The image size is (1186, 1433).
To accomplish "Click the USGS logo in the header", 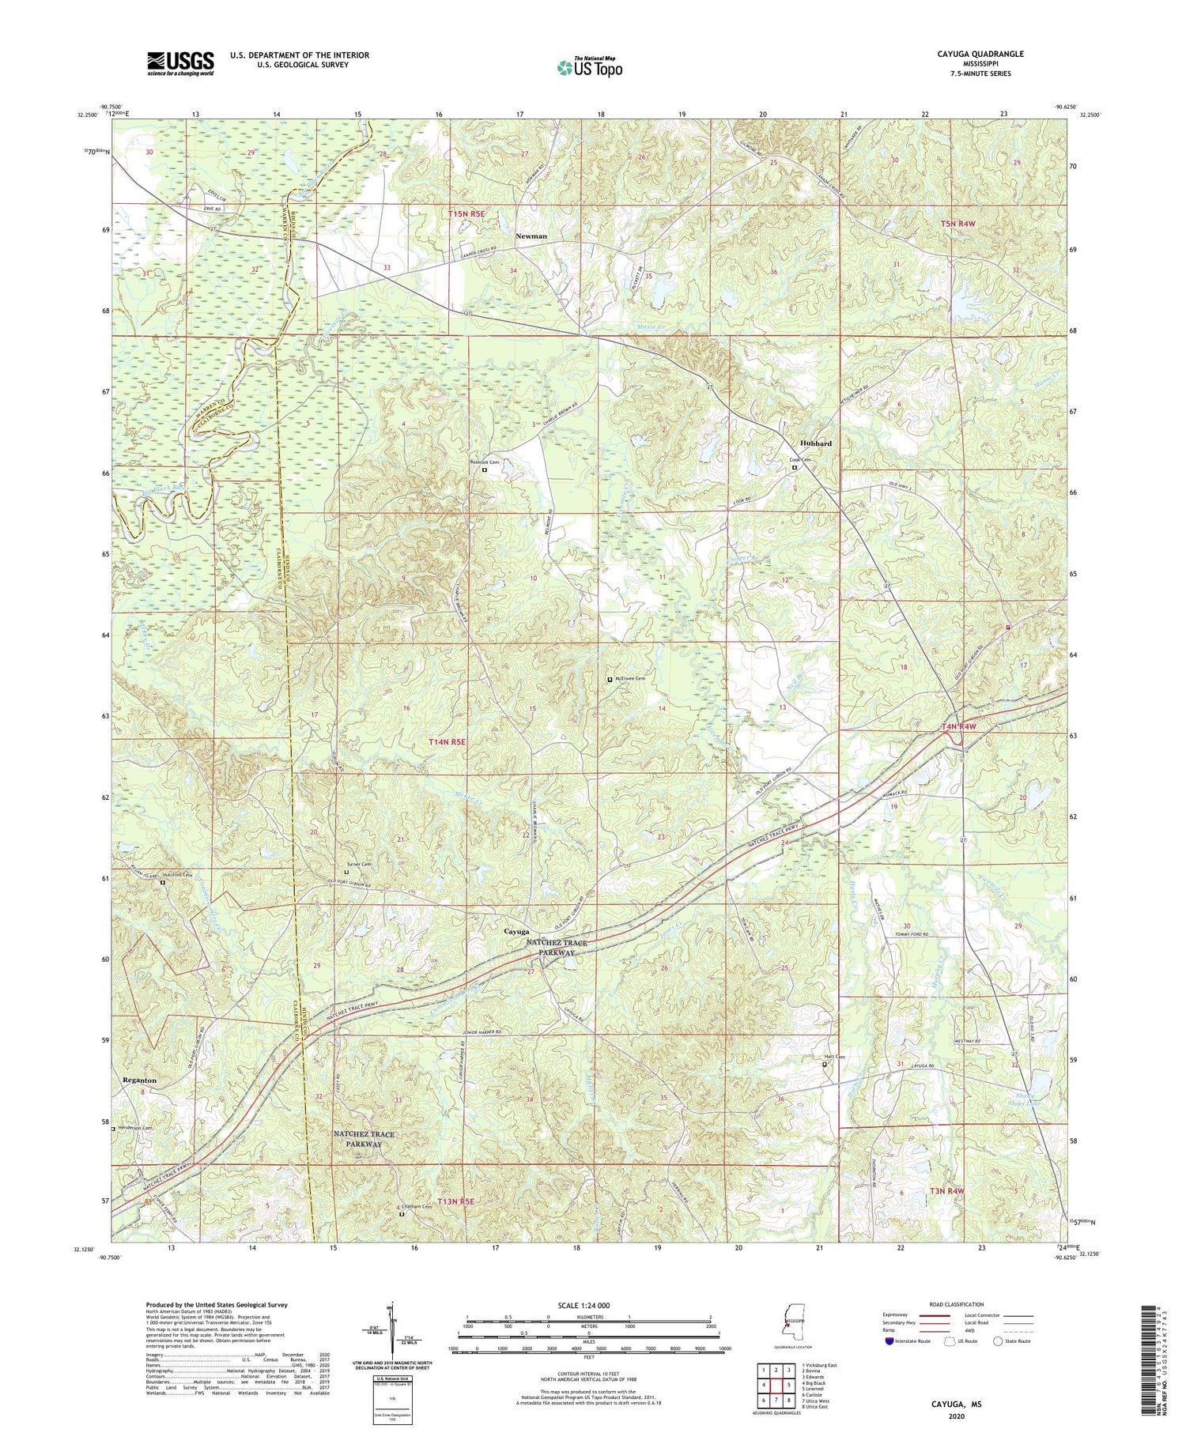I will [180, 63].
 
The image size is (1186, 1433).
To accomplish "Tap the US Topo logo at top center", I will [590, 67].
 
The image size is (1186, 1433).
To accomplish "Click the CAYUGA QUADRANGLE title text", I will [982, 54].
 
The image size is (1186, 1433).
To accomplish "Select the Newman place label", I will [531, 236].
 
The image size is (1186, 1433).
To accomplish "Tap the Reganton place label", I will [139, 1080].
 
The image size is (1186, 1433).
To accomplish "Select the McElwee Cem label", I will [629, 679].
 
